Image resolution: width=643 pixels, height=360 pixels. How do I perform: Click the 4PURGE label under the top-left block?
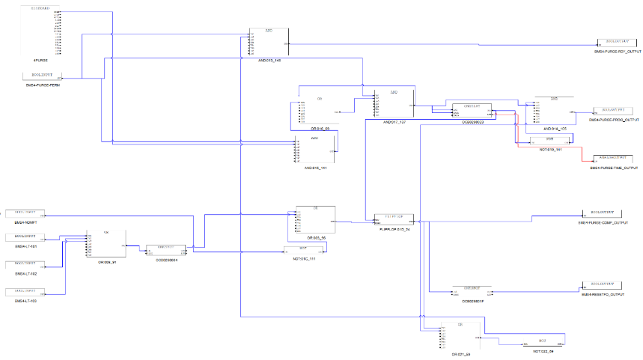(41, 60)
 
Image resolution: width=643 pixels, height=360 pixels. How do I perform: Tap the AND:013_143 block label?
(269, 59)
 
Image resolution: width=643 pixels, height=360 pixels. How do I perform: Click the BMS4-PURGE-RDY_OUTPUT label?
(618, 51)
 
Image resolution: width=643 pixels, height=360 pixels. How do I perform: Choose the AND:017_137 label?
(394, 121)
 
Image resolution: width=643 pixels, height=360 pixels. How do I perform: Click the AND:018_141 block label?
(316, 168)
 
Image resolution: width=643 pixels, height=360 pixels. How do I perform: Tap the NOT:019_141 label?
(550, 149)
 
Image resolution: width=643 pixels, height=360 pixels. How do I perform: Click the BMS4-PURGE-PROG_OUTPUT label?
(615, 120)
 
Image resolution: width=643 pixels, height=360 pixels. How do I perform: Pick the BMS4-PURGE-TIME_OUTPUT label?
(615, 168)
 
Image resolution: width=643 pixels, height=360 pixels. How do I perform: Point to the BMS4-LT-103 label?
(25, 300)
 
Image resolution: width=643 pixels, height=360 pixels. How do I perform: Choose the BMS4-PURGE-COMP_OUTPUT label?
(609, 223)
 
